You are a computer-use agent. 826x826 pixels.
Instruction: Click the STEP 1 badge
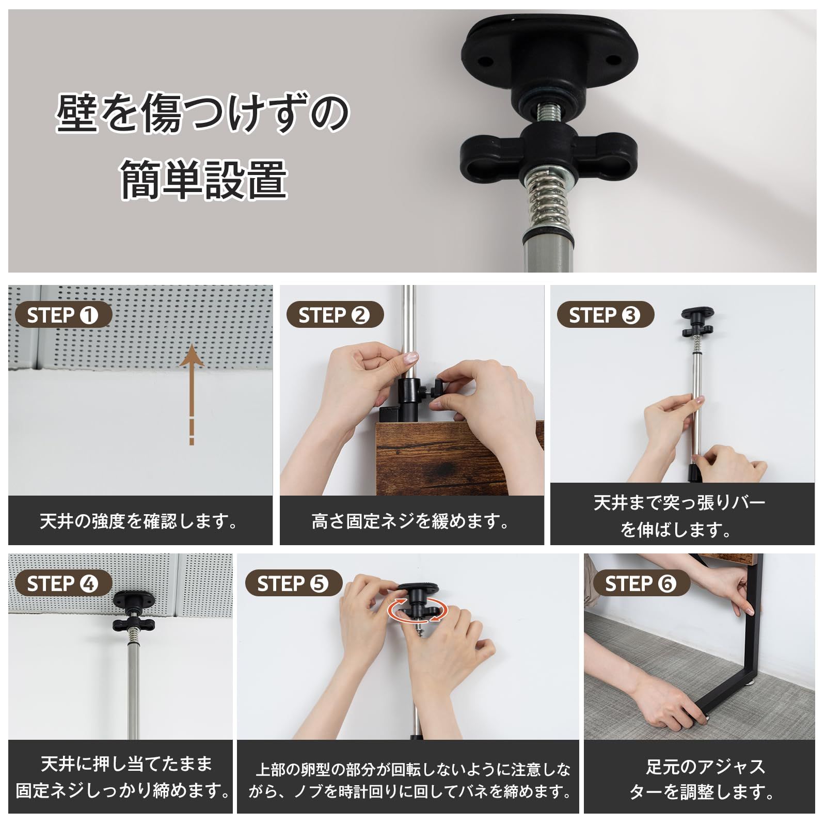pos(63,315)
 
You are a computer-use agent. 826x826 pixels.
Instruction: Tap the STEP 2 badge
pos(335,315)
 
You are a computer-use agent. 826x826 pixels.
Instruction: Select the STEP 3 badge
pos(606,315)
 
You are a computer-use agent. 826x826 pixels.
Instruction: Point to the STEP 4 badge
pos(63,583)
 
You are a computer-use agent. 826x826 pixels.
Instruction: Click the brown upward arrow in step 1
pos(192,393)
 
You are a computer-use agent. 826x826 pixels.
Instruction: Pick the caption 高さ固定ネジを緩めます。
pos(411,521)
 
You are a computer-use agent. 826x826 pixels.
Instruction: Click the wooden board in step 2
pos(459,457)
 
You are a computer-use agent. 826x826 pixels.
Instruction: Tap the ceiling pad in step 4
pos(134,600)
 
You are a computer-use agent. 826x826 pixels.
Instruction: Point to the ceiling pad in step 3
pos(697,312)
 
